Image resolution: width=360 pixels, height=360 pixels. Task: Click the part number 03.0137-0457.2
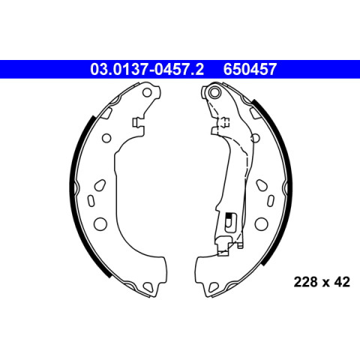click(147, 69)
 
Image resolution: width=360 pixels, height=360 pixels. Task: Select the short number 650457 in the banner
click(250, 69)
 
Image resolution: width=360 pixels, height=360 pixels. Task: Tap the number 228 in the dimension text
click(305, 282)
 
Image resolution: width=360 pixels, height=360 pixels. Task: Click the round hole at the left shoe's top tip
click(147, 92)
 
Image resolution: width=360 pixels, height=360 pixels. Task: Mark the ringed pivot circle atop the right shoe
click(214, 92)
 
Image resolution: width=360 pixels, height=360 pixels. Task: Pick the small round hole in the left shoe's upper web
click(106, 138)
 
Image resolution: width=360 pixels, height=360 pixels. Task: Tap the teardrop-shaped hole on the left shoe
click(100, 185)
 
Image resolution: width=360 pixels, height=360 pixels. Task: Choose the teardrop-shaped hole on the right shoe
click(262, 185)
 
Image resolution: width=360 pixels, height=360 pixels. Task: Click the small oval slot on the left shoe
click(91, 201)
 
